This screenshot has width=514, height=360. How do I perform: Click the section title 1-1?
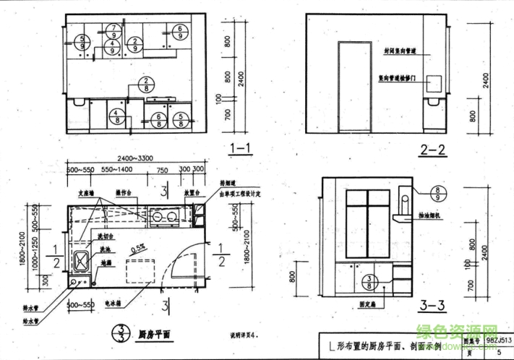(x=240, y=150)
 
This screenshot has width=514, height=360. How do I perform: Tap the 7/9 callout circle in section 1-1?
(x=113, y=31)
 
